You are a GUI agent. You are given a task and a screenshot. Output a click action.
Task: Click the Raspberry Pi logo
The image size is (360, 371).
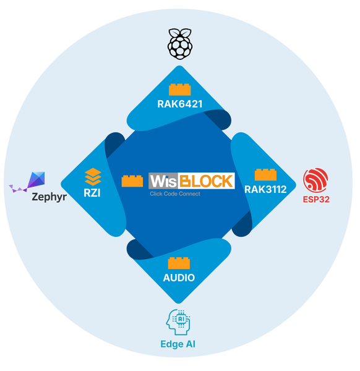click(180, 44)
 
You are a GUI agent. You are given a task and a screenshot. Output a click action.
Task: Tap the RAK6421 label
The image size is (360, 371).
click(180, 104)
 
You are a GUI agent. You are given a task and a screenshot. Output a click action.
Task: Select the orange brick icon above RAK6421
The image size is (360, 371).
click(180, 90)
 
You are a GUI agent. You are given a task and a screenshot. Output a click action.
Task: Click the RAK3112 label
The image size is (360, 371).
click(265, 189)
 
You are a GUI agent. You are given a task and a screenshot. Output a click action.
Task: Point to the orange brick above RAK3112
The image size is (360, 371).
click(265, 174)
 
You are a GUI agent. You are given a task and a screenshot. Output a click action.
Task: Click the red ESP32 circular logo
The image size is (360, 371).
click(315, 181)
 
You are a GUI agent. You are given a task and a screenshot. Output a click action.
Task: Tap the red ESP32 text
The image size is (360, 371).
click(316, 199)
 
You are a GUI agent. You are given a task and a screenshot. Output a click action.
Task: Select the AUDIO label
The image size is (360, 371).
click(179, 278)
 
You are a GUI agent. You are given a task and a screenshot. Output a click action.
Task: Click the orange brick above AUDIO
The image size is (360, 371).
click(179, 263)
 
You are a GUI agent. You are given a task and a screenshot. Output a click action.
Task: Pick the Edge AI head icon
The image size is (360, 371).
click(178, 322)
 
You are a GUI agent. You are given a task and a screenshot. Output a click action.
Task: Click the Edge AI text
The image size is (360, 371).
click(178, 344)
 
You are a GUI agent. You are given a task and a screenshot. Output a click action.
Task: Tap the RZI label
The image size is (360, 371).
click(92, 193)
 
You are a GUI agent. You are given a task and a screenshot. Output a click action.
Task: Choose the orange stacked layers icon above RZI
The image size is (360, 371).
click(93, 177)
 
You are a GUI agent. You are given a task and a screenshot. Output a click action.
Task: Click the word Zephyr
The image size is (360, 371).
click(49, 197)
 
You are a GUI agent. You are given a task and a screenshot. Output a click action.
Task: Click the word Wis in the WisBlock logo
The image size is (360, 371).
click(163, 181)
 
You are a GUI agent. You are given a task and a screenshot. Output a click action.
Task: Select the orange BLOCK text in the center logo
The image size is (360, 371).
click(207, 181)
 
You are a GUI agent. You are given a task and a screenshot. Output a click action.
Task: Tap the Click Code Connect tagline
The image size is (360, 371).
click(175, 194)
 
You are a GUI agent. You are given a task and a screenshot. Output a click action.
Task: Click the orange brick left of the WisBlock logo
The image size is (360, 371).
click(132, 181)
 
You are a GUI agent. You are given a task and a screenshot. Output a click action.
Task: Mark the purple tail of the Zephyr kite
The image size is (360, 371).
click(18, 189)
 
